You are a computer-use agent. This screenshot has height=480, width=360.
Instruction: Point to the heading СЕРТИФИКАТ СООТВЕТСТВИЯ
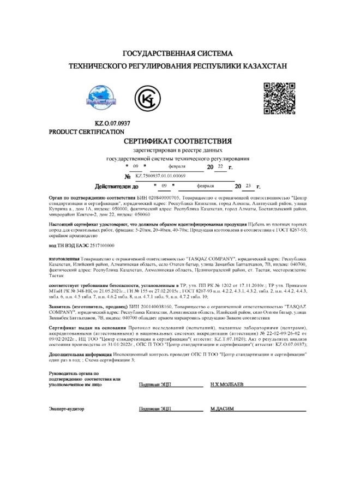click(180, 141)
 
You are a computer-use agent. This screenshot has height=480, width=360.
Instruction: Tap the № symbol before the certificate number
click(128, 177)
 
